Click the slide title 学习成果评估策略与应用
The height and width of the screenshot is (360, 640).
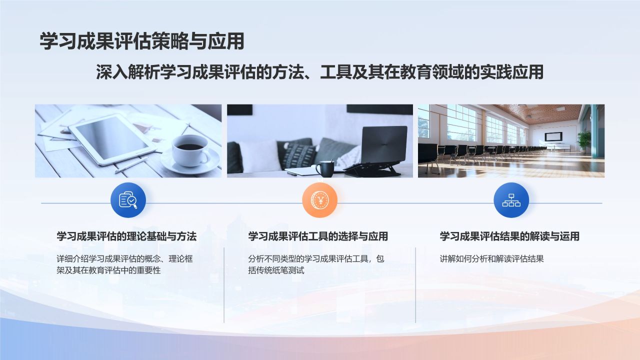click(142, 41)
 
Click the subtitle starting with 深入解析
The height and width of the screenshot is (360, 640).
click(319, 72)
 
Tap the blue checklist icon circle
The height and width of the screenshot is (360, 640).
click(128, 200)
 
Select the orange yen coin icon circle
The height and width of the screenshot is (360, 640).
click(319, 200)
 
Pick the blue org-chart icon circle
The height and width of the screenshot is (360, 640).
click(511, 200)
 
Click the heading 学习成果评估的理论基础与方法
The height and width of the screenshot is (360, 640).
click(126, 236)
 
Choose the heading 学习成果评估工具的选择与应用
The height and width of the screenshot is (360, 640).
click(318, 236)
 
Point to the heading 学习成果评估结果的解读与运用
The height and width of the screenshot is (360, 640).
click(509, 236)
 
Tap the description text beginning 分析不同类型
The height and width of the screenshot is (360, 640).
click(316, 264)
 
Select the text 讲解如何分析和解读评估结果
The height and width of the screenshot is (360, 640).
click(491, 259)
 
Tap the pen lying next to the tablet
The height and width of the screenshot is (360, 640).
click(131, 165)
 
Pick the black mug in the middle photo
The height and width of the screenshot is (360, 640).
click(324, 168)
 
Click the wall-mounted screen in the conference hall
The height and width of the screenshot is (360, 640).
click(553, 136)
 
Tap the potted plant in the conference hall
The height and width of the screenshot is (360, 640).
click(583, 139)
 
